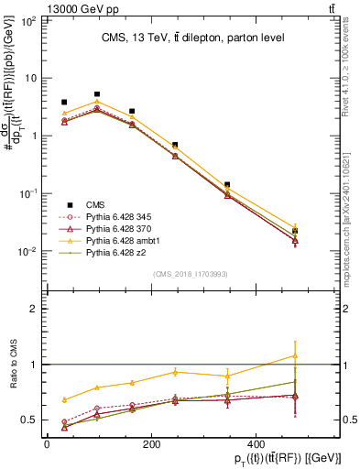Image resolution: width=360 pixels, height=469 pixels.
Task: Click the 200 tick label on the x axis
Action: [188, 443]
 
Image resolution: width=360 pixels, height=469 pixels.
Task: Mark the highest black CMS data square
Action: [97, 94]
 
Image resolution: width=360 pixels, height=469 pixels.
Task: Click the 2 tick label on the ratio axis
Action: [35, 309]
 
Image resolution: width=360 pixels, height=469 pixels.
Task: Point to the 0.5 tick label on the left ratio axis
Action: [30, 420]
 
